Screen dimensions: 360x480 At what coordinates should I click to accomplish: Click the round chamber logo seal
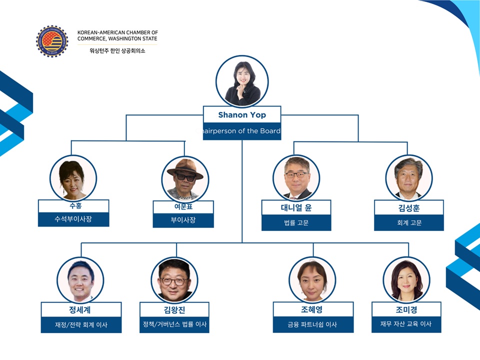coord(51,41)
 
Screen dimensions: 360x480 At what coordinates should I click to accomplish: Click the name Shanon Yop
coord(242,115)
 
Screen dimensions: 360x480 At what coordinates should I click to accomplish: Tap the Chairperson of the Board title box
coord(242,131)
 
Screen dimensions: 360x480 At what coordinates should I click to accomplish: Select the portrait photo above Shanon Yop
coord(242,81)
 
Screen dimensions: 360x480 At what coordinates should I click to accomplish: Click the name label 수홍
coord(73,206)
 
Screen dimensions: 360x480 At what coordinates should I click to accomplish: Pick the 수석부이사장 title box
coord(73,219)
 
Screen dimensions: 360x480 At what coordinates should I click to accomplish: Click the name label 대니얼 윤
coord(296,208)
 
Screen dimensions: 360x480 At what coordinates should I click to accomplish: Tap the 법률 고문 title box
coord(296,223)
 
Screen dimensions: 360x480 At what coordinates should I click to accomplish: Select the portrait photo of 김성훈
coord(408,178)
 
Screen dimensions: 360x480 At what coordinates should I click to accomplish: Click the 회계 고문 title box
coord(408,223)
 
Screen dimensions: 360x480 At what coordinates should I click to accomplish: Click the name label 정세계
coord(81,309)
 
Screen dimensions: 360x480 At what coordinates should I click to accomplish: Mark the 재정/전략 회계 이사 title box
coord(81,325)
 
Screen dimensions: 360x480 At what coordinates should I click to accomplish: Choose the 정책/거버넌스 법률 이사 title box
coord(174,324)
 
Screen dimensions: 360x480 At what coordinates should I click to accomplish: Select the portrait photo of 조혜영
coord(312,279)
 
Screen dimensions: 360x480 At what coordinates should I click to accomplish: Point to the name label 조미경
coord(406,309)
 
